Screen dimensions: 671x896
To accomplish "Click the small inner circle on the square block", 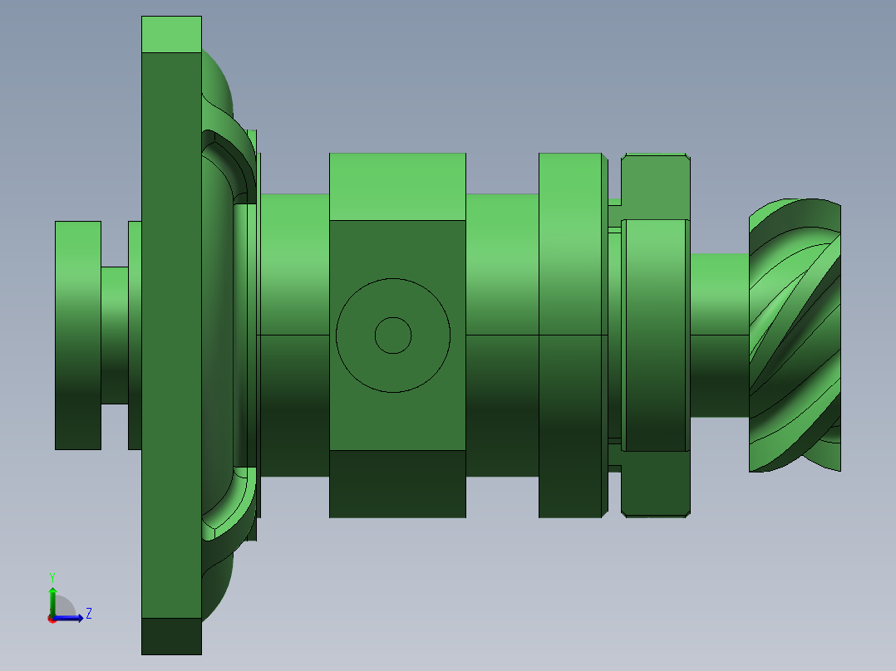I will click(x=393, y=335).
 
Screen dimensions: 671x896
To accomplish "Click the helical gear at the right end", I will click(x=794, y=336).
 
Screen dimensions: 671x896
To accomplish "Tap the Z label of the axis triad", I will click(x=88, y=614).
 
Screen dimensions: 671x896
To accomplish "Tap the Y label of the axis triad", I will click(x=52, y=576).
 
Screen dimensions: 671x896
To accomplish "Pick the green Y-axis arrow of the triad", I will click(x=52, y=600).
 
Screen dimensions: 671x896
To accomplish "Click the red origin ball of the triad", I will click(x=52, y=619).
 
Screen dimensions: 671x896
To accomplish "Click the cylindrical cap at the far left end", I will click(x=77, y=335).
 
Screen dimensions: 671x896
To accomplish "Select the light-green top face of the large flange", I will click(x=171, y=34).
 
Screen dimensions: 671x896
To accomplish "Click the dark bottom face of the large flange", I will click(x=171, y=636).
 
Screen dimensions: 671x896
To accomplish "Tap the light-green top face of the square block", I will click(x=397, y=186).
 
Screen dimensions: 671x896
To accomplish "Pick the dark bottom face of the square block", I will click(x=397, y=484).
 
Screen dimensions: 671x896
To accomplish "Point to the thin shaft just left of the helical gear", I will click(x=719, y=335).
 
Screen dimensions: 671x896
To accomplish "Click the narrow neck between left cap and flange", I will click(x=115, y=335).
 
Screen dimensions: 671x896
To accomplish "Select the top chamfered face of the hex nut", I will click(x=655, y=187).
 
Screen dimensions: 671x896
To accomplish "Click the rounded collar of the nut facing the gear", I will click(x=655, y=335).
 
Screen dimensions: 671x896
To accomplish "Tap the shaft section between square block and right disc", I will click(x=501, y=335).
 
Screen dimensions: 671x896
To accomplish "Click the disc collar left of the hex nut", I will click(x=570, y=335).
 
